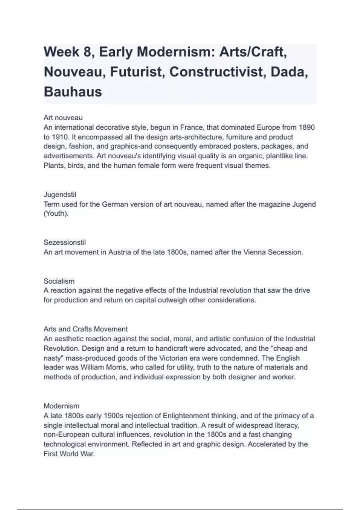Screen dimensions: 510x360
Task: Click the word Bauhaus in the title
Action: click(x=73, y=92)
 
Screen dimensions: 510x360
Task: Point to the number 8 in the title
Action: click(x=87, y=52)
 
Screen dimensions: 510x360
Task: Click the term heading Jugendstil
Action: click(x=60, y=195)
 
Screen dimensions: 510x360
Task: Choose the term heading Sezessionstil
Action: click(x=65, y=242)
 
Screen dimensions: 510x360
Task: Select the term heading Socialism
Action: click(x=59, y=281)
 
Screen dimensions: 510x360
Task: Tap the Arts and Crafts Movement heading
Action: click(x=86, y=329)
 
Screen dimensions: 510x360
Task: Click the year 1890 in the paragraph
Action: click(x=307, y=127)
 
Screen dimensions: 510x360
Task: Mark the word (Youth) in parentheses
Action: click(x=56, y=214)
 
